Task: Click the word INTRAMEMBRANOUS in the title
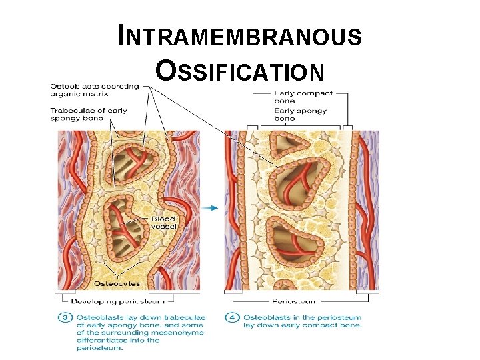pyautogui.click(x=240, y=36)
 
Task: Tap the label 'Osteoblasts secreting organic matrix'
pyautogui.click(x=95, y=90)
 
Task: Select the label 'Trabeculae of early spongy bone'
pyautogui.click(x=88, y=114)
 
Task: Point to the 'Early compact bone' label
pyautogui.click(x=303, y=97)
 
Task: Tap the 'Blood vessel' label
pyautogui.click(x=163, y=222)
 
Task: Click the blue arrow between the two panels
pyautogui.click(x=210, y=208)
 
